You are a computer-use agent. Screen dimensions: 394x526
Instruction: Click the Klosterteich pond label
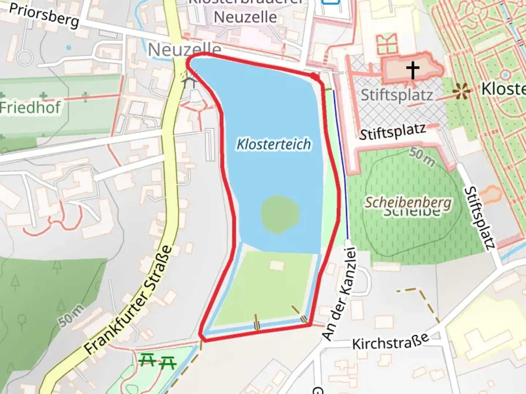coord(274,144)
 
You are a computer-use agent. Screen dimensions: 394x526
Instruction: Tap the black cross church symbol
coord(413,70)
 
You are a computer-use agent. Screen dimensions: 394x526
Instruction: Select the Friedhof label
coord(30,108)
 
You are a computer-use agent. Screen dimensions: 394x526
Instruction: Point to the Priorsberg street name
coord(44,15)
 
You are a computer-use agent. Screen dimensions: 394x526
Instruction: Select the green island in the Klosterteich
coord(280,215)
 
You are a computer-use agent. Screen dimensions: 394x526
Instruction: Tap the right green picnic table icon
coord(168,363)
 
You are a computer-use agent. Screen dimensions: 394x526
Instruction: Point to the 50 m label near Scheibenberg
coord(422,157)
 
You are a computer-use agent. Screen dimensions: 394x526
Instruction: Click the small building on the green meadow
coord(277,265)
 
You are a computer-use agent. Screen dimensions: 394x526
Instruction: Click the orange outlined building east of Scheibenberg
coord(490,194)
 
